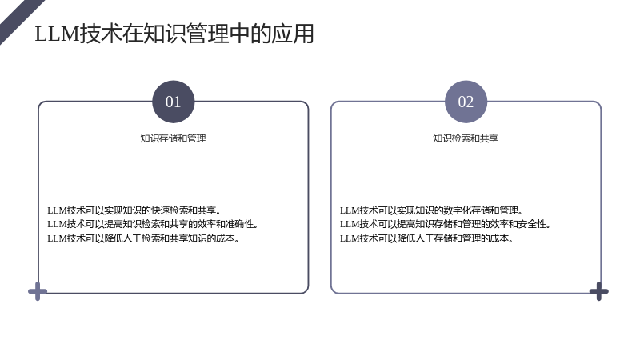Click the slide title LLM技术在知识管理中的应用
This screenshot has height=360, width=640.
tap(174, 34)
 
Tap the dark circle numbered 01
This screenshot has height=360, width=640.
tap(174, 102)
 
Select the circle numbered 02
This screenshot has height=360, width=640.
tap(466, 102)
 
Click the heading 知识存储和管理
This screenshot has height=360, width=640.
tap(173, 138)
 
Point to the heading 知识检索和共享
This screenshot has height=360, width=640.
tap(466, 138)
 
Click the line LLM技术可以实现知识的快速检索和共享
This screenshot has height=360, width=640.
tap(134, 210)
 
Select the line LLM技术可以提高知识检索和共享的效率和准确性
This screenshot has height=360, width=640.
tap(153, 224)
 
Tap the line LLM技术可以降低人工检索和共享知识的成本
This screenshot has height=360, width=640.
tap(144, 238)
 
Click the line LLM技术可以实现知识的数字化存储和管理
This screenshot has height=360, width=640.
tap(431, 210)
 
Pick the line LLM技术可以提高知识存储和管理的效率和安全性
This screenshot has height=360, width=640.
tap(446, 224)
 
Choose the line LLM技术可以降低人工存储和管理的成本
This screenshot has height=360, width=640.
tap(427, 238)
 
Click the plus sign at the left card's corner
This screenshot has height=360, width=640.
tap(38, 291)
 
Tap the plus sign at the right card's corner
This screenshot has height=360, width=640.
tap(598, 291)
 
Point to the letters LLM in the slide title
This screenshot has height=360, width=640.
tap(56, 34)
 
